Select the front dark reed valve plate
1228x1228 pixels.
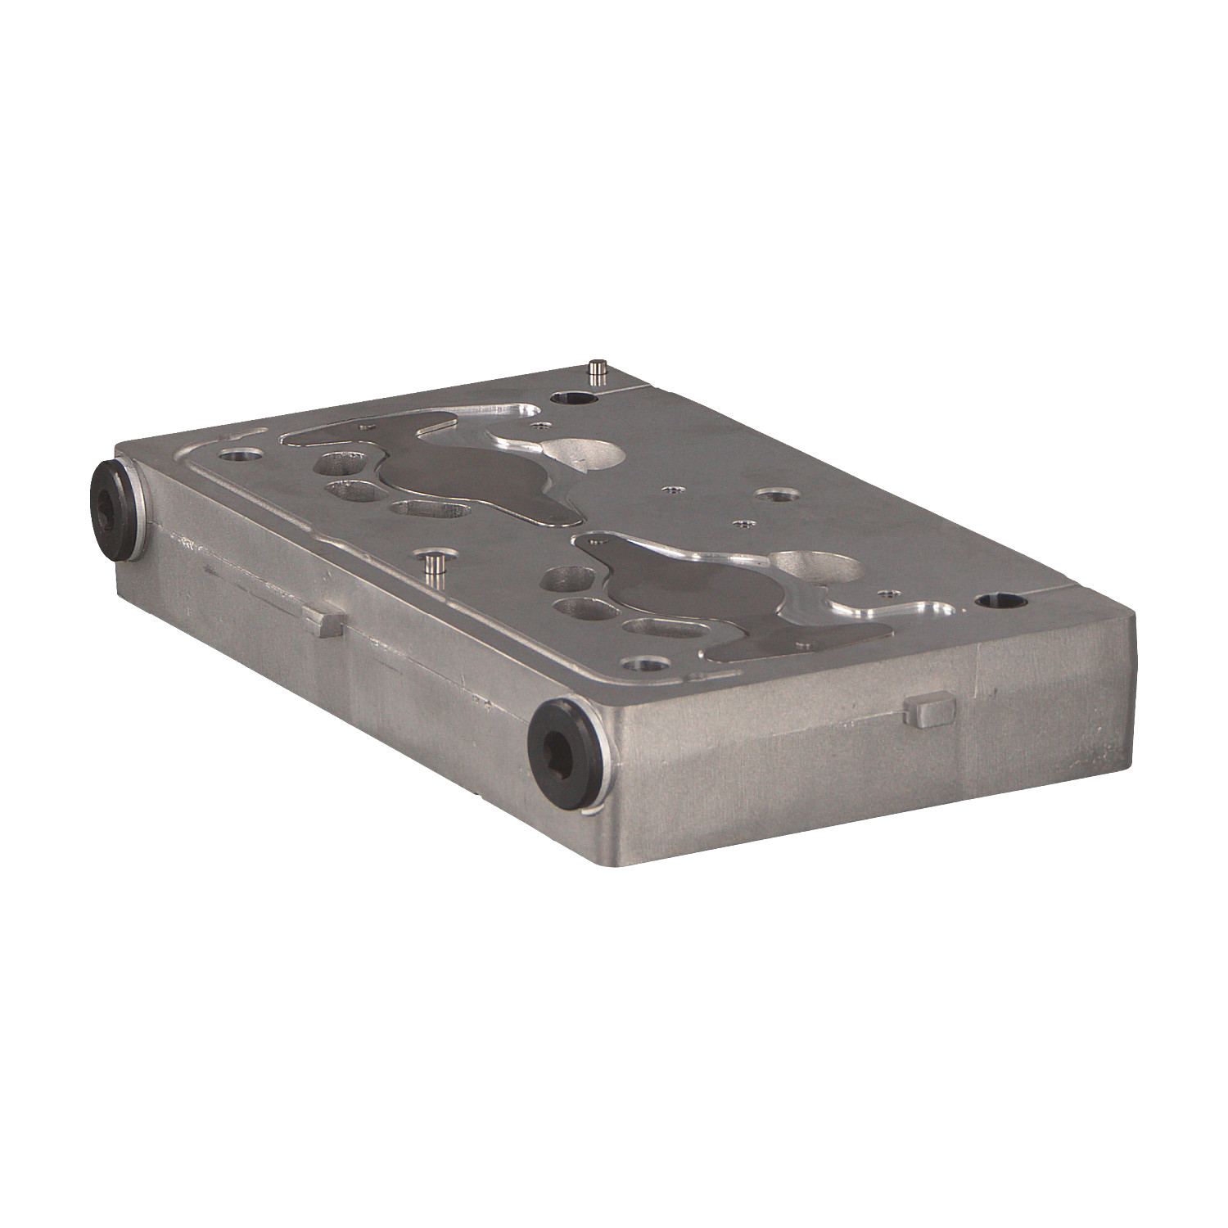(704, 589)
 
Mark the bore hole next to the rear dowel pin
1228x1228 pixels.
(572, 400)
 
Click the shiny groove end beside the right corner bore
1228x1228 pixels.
(925, 610)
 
